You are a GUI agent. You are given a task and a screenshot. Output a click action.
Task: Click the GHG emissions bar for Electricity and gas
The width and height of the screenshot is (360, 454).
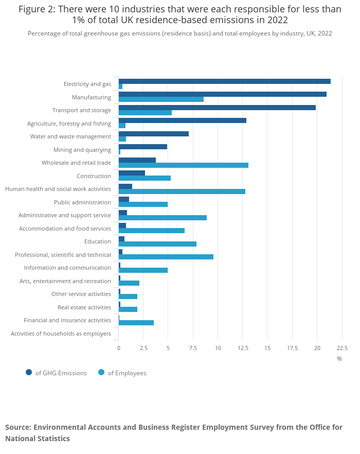click(x=224, y=81)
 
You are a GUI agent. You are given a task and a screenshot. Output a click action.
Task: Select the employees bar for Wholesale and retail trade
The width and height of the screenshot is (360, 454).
click(x=183, y=165)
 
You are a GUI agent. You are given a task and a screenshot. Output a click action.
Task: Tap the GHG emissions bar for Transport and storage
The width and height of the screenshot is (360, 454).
click(x=217, y=108)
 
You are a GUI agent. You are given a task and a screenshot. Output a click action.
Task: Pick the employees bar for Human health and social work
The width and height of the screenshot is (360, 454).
click(x=182, y=191)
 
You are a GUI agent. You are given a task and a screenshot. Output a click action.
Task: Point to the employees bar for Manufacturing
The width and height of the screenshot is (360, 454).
click(x=161, y=99)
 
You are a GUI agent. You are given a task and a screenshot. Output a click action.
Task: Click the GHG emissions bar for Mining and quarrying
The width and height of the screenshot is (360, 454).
click(x=142, y=147)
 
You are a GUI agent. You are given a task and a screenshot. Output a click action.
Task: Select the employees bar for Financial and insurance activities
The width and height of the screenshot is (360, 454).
click(x=136, y=323)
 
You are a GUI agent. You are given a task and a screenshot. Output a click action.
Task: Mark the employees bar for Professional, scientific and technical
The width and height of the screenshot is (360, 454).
click(x=166, y=257)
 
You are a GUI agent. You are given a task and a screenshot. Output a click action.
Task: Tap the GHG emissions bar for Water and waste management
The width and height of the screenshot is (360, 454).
click(x=153, y=134)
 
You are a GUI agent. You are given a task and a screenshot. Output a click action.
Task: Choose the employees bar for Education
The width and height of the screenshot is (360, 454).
click(x=157, y=244)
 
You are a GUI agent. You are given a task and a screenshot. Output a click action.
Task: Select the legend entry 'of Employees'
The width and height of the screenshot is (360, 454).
click(x=127, y=373)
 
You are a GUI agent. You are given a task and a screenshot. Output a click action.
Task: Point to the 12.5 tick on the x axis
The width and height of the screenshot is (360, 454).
click(x=243, y=348)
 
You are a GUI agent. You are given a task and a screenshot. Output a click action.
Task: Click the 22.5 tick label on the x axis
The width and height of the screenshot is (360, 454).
click(x=342, y=348)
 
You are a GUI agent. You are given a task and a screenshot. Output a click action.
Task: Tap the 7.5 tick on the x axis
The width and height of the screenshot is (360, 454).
click(x=193, y=348)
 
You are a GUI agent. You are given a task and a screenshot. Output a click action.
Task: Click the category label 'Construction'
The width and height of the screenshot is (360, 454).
click(x=94, y=176)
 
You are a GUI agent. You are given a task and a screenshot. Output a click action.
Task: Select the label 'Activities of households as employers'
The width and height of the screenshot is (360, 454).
click(x=61, y=334)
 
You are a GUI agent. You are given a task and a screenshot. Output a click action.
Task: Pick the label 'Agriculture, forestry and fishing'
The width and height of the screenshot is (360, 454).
click(x=69, y=124)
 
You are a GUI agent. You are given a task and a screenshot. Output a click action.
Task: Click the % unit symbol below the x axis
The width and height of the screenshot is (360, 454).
click(x=339, y=358)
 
